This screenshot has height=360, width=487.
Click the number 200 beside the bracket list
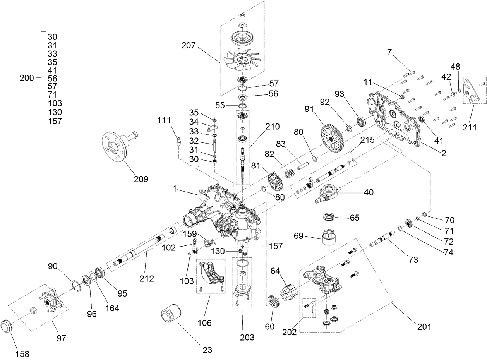(27, 78)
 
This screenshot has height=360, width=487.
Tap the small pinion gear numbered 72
(408, 224)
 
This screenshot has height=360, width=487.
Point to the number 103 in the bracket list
(55, 103)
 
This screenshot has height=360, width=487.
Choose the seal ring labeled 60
(274, 302)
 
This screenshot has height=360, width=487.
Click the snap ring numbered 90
(76, 287)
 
